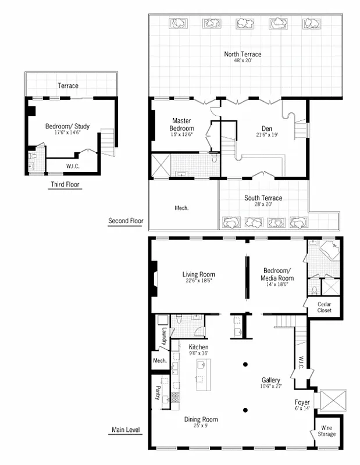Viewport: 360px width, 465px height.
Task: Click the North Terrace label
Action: (x=243, y=55)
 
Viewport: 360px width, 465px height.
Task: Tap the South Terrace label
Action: (x=263, y=198)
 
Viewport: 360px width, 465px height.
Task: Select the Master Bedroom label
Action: (x=181, y=124)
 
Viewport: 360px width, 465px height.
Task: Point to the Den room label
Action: (x=268, y=128)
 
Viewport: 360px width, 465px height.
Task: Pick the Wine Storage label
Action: (x=326, y=431)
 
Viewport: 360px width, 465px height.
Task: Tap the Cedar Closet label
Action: (x=324, y=307)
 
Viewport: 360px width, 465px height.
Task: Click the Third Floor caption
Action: (x=65, y=185)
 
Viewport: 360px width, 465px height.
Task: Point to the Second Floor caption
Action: (x=126, y=221)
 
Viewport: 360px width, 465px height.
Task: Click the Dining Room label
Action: (x=201, y=420)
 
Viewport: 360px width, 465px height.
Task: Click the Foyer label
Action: (x=302, y=402)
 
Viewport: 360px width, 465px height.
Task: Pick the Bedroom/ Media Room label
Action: (x=279, y=274)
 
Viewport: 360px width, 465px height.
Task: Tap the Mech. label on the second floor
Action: (x=181, y=208)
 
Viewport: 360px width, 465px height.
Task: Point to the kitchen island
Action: (x=202, y=374)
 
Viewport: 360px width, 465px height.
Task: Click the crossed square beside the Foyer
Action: (x=333, y=400)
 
